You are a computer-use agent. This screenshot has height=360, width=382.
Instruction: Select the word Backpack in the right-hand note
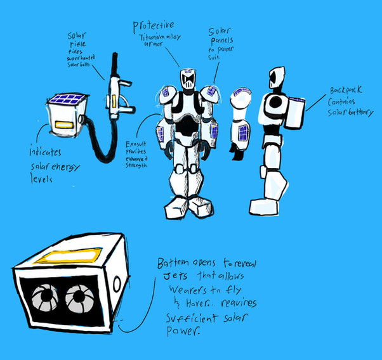click(345, 91)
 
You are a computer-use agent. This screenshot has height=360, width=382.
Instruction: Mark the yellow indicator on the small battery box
click(62, 125)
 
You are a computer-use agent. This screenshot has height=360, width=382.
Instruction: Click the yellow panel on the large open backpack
click(65, 257)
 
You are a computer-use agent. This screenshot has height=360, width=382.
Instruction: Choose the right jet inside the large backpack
click(81, 296)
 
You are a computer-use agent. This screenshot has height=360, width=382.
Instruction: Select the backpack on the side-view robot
click(295, 113)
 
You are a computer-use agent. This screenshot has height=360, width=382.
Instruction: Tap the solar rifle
click(115, 95)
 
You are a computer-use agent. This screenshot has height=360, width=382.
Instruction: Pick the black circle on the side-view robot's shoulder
click(274, 103)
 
